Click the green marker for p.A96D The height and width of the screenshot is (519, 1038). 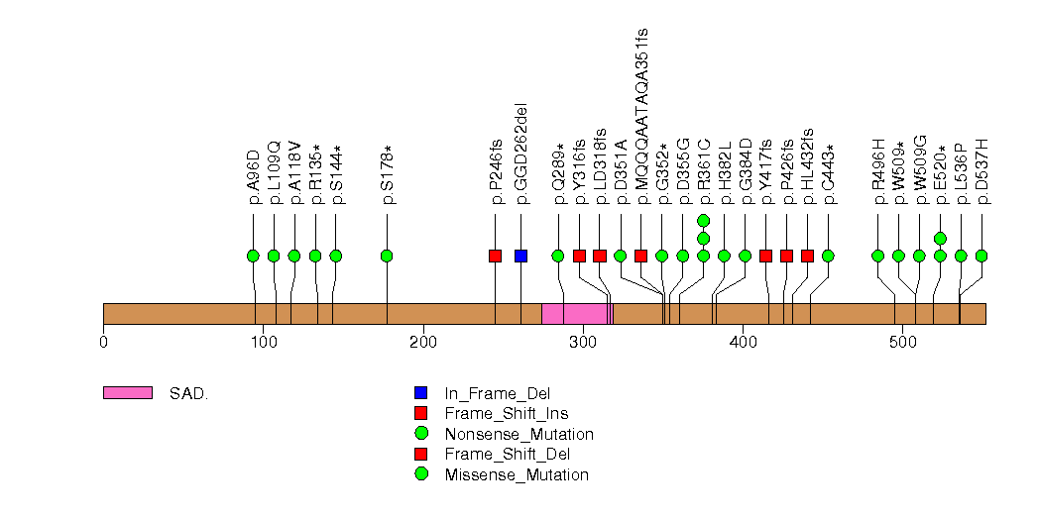point(253,256)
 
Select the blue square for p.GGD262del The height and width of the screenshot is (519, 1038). point(521,256)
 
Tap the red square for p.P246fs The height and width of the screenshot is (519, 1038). point(496,256)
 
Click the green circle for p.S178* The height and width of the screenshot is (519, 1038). point(387,256)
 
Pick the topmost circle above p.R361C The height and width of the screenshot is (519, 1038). point(703,220)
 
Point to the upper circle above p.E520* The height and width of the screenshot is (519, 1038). point(940,238)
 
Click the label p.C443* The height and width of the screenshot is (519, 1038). point(829,172)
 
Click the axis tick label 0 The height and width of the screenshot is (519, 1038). point(103,343)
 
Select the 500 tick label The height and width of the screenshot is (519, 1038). point(903,343)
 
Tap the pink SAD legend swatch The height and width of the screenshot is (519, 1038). point(128,393)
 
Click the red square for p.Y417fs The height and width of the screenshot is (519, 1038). point(765,256)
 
